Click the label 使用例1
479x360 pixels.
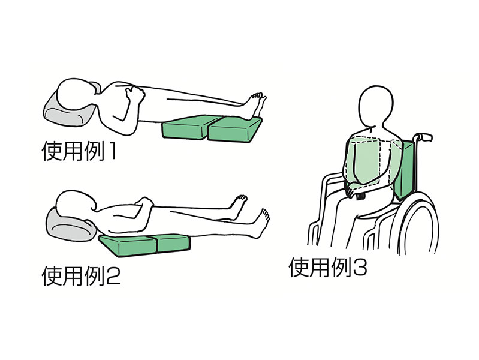click(x=79, y=151)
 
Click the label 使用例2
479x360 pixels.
click(x=81, y=276)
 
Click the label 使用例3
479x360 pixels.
click(x=328, y=268)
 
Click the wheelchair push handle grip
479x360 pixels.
click(x=425, y=137)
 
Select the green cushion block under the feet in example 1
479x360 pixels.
click(x=235, y=129)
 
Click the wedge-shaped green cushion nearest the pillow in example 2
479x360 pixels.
click(x=128, y=245)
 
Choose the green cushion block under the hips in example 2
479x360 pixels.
click(x=173, y=242)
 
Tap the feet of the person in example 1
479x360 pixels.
click(x=256, y=105)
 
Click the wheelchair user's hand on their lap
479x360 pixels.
click(x=354, y=193)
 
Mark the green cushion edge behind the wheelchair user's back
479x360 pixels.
click(x=407, y=171)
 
